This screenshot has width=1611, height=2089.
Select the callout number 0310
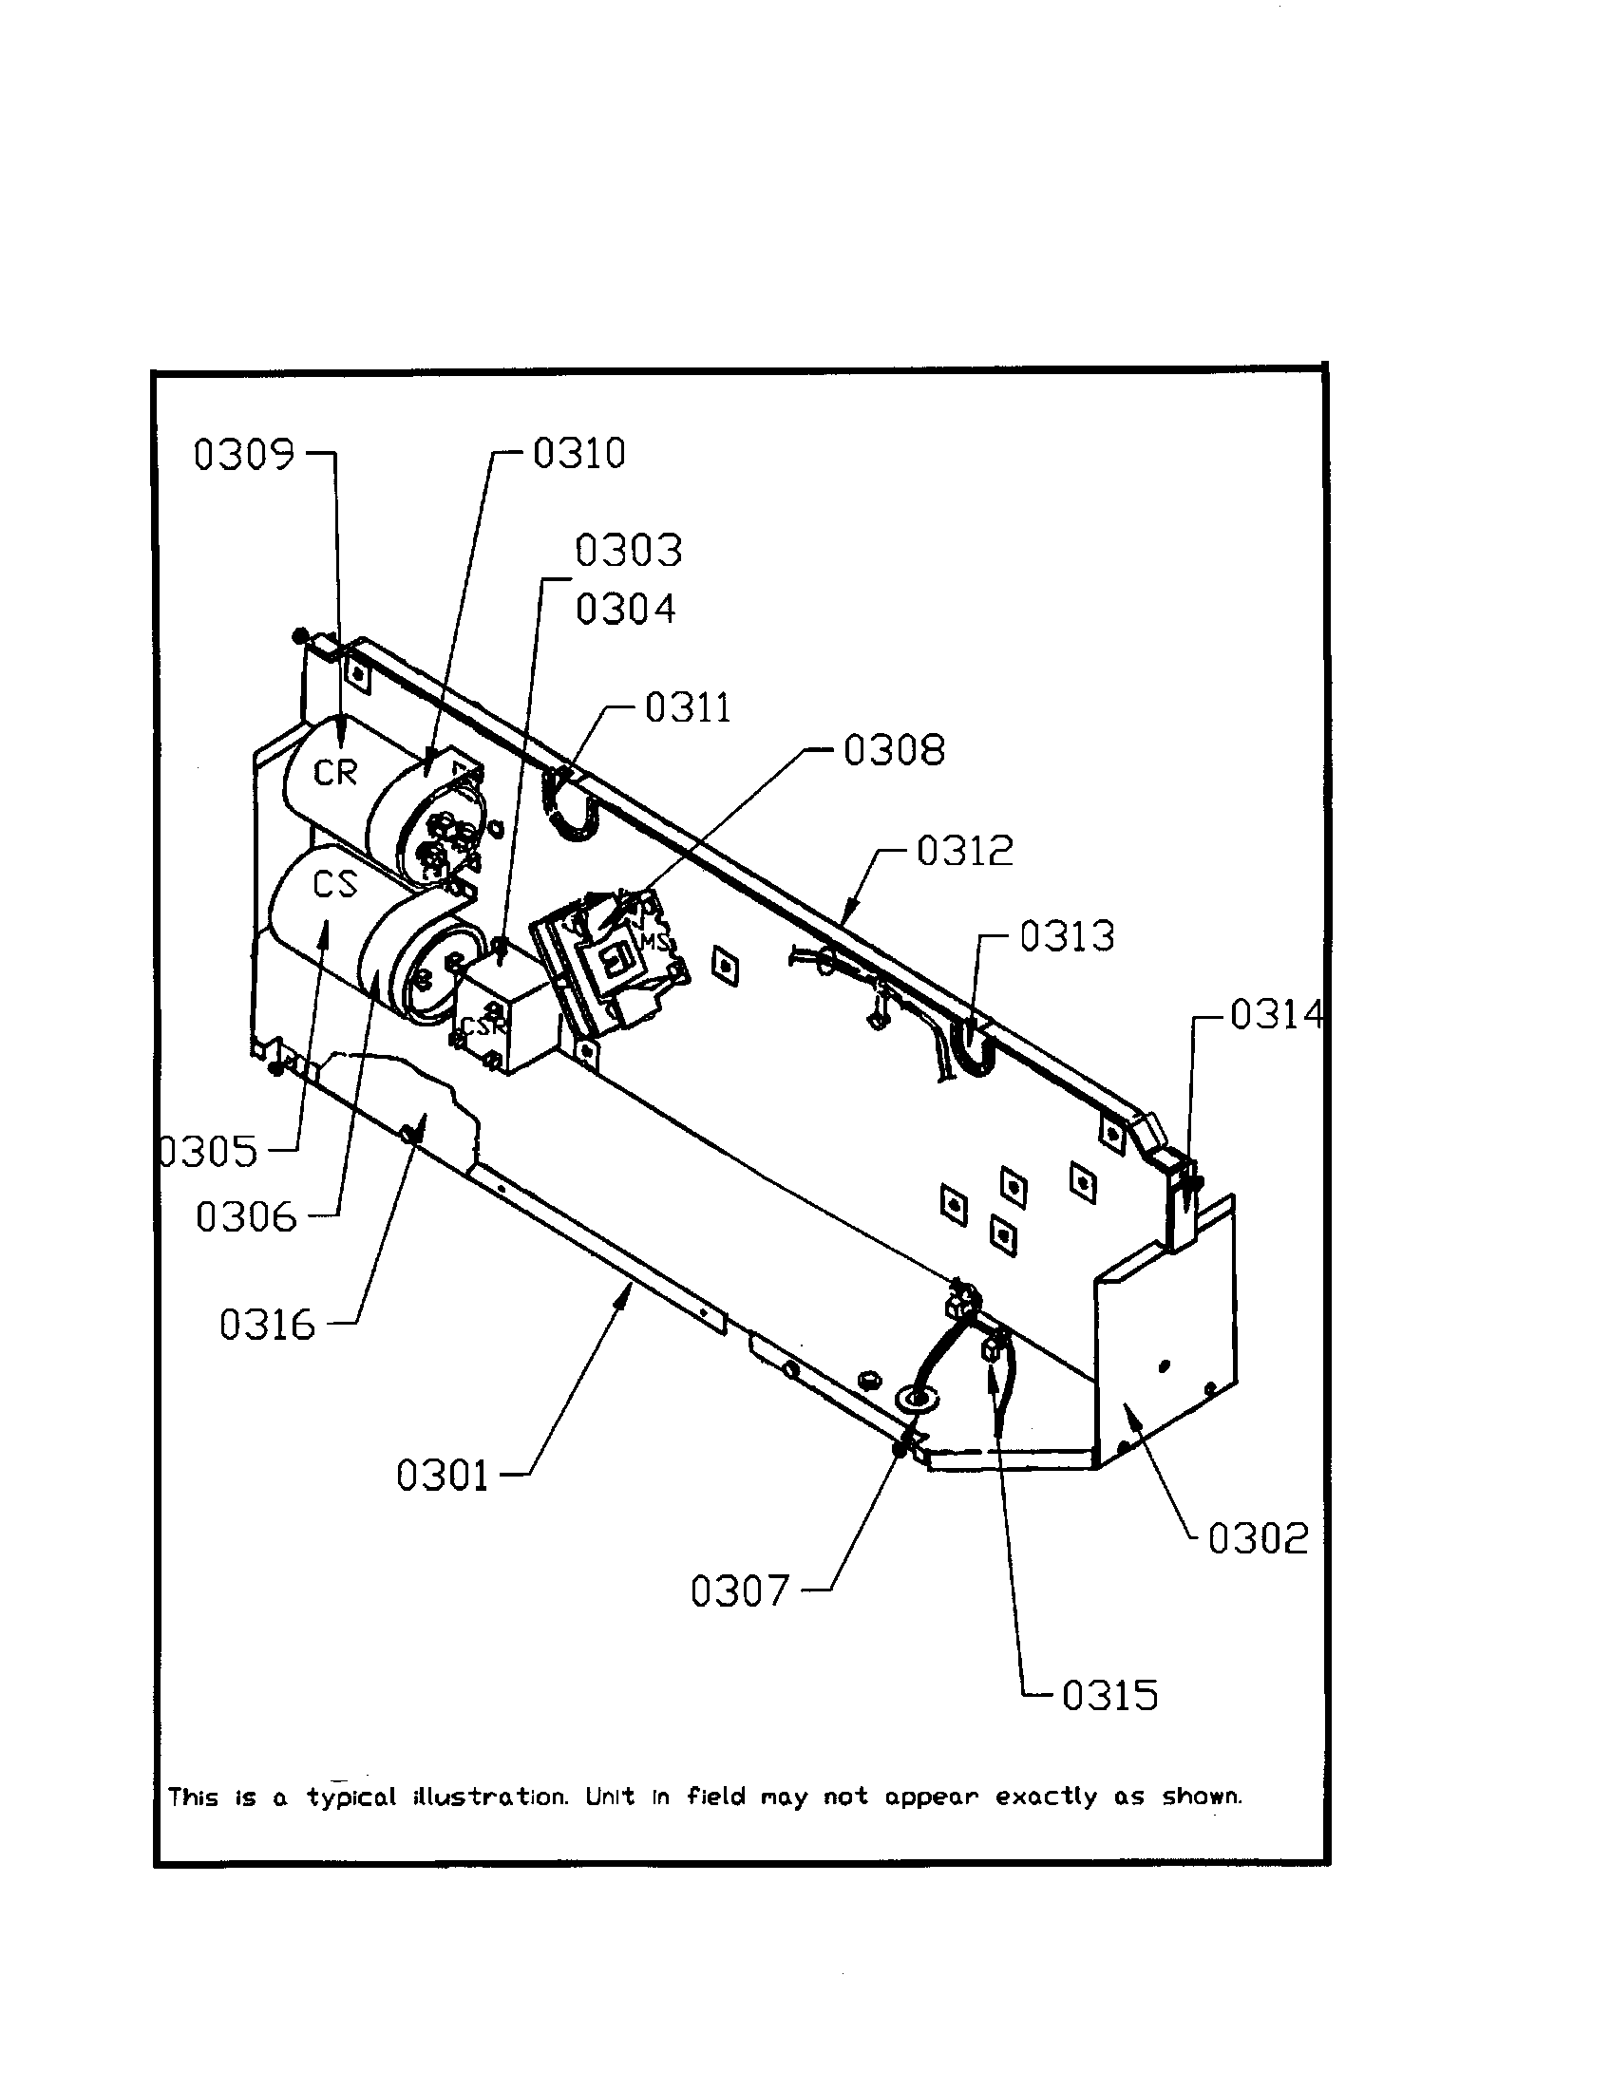(x=578, y=453)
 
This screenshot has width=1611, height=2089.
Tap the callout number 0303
(x=629, y=551)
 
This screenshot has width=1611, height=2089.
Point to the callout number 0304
(x=626, y=610)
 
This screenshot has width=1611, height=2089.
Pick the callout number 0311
(x=688, y=708)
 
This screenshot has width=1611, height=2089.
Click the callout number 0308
(x=894, y=751)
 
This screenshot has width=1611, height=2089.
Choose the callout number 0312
(x=964, y=851)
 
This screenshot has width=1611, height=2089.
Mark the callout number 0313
(x=1067, y=936)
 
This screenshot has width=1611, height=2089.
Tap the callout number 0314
(x=1277, y=1015)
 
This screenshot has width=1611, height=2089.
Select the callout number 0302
(x=1257, y=1539)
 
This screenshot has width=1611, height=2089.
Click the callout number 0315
(x=1109, y=1696)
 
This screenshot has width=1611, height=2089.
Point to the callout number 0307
(x=740, y=1591)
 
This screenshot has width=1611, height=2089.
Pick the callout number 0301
(x=442, y=1476)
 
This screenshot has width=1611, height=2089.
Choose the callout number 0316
(x=267, y=1326)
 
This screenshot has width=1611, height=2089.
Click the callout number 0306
(x=246, y=1217)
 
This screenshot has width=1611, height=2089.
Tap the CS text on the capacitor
(x=334, y=885)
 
